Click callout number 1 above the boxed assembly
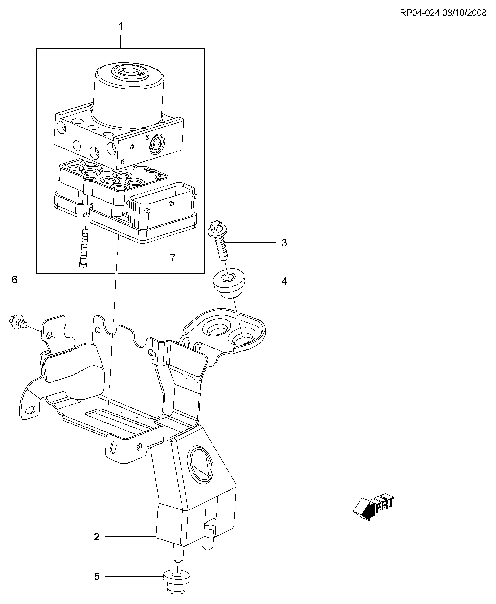click(121, 26)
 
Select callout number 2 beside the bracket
click(97, 537)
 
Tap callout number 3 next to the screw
click(284, 243)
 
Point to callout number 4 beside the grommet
click(284, 281)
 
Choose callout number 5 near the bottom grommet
click(97, 577)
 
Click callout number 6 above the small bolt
click(15, 280)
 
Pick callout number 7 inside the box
click(173, 258)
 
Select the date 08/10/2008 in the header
click(464, 13)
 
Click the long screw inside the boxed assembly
click(84, 248)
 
